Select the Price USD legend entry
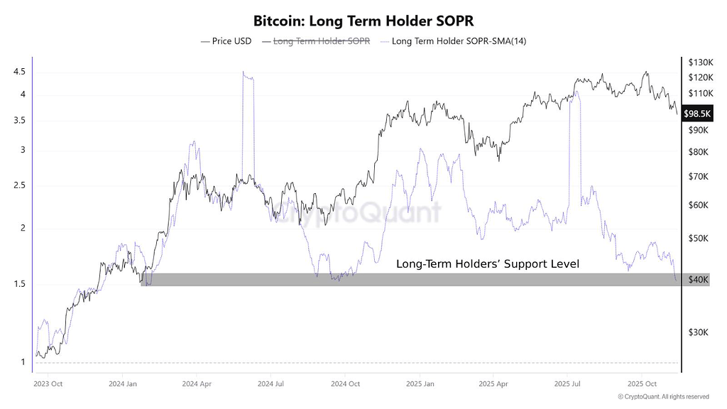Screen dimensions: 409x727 [x=226, y=41]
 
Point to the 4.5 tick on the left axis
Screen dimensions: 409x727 [x=19, y=72]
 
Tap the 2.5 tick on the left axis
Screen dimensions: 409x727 [x=19, y=186]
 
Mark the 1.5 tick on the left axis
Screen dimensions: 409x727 [x=19, y=285]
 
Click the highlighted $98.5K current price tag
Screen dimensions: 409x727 [x=696, y=114]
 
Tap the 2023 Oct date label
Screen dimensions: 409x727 [x=48, y=383]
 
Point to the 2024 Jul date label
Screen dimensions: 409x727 [x=270, y=383]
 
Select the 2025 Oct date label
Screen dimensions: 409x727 [x=641, y=383]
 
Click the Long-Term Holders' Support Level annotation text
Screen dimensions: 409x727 [x=487, y=264]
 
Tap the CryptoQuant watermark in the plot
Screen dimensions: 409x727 [x=359, y=212]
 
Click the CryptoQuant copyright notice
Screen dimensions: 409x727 [x=663, y=397]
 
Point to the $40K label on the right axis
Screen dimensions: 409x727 [x=699, y=280]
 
